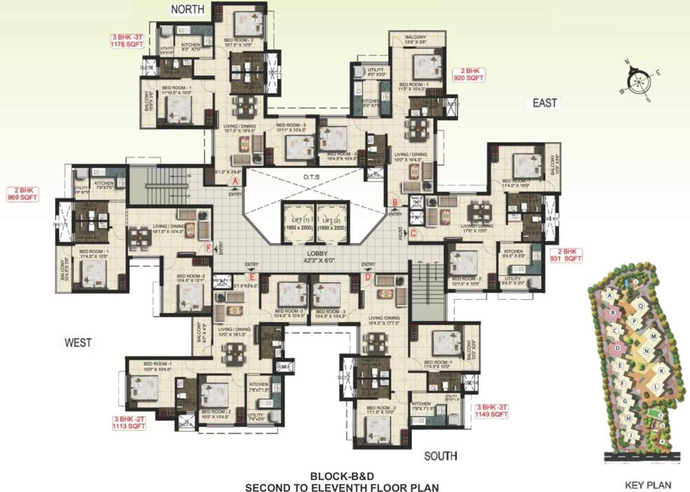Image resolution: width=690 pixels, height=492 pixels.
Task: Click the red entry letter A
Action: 235,182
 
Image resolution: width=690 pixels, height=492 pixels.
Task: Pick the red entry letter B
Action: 395,203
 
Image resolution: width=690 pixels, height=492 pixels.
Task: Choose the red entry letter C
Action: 413,233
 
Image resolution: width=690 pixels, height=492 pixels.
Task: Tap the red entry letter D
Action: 367,277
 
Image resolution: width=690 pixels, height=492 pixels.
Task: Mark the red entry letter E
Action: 253,277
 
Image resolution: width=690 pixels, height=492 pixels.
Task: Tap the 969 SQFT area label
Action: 23,198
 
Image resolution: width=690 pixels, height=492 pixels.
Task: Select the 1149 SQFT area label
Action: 492,414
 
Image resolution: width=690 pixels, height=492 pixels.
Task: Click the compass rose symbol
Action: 639,81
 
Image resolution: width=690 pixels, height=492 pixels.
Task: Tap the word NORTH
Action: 187,9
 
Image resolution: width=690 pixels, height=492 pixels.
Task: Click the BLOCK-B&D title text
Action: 341,476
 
